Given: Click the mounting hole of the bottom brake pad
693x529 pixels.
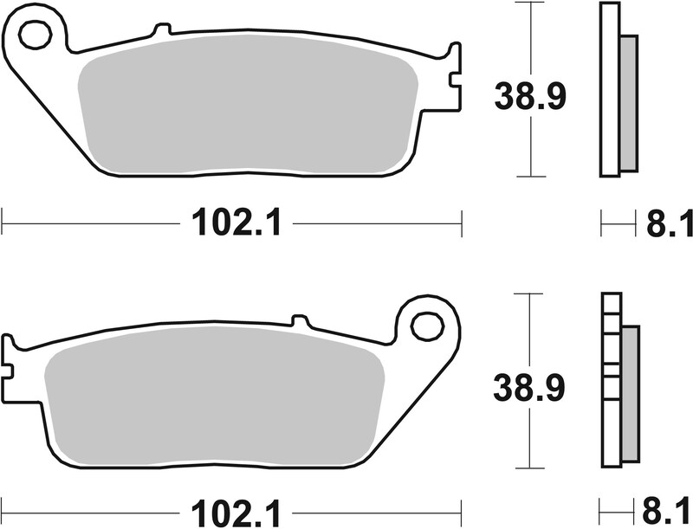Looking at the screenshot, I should click(426, 326).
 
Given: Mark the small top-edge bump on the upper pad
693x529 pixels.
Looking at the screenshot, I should click(157, 31).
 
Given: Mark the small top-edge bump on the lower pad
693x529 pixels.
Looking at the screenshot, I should click(300, 321).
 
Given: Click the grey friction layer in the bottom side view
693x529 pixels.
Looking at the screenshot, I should click(629, 394).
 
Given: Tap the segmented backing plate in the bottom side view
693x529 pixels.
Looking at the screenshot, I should click(611, 381).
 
